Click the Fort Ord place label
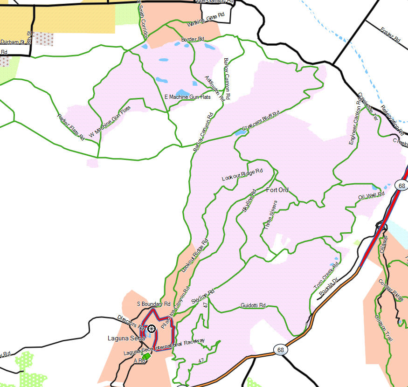277,190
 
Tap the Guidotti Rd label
253,306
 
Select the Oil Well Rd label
371,195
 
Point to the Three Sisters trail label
270,214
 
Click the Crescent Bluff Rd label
260,121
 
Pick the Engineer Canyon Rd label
355,119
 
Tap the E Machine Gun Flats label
187,97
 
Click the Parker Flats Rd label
70,127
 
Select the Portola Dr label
329,286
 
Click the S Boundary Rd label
153,304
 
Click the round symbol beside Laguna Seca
151,329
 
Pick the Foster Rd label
390,35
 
